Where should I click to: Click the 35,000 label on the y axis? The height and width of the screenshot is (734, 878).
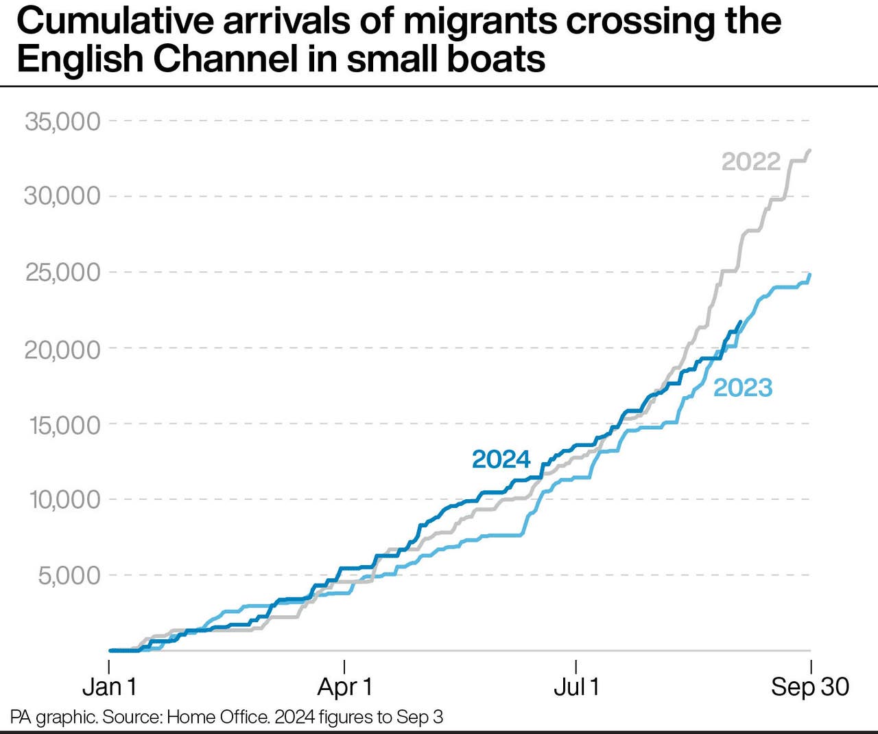coord(62,122)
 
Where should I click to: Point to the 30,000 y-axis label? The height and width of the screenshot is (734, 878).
coord(62,196)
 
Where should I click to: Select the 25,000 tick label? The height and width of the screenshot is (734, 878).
coord(62,273)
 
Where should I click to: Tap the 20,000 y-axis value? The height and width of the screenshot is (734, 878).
coord(62,349)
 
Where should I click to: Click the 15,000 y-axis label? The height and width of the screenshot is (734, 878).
coord(64,425)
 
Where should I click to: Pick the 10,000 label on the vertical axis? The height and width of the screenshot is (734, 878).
coord(64,500)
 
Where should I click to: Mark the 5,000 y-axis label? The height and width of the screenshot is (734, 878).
coord(69,575)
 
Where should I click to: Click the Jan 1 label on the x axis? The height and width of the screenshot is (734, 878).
coord(110,687)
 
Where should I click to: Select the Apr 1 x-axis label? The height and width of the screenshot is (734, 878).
coord(344,687)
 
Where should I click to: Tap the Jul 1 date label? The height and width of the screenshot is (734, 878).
coord(576,687)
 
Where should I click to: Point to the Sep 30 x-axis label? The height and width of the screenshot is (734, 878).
coord(810,687)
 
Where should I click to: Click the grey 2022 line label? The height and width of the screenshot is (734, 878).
coord(751,161)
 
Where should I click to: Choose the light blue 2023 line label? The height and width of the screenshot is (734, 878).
coord(743,388)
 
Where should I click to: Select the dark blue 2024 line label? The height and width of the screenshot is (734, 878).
coord(501,459)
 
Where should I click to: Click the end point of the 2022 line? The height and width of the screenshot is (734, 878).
coord(810,150)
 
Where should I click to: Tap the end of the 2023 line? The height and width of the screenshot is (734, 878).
coord(810,275)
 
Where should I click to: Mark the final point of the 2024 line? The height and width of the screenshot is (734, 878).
coord(739,321)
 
